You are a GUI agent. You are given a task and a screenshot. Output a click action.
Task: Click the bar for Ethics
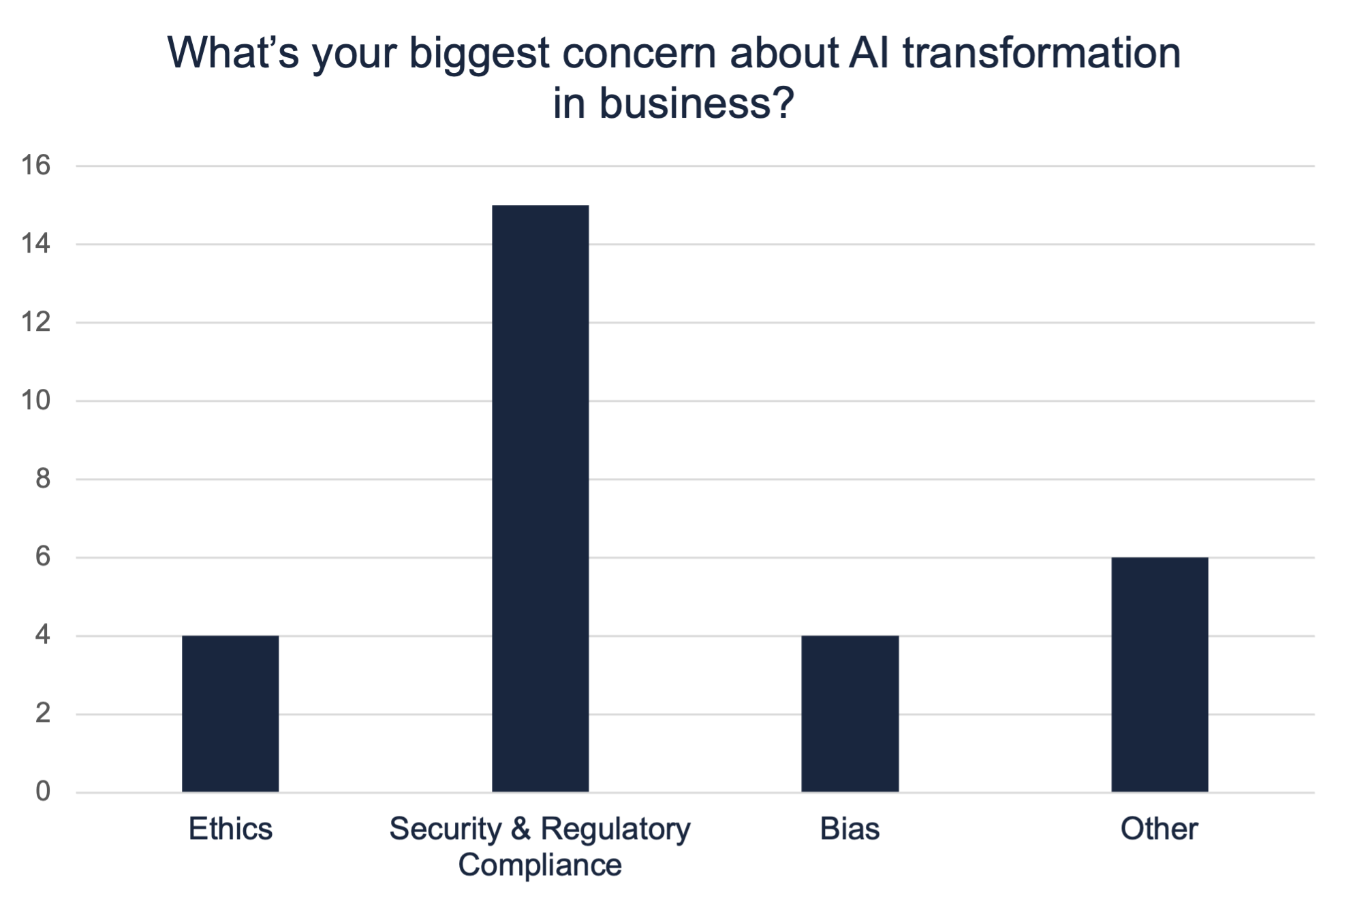coord(230,714)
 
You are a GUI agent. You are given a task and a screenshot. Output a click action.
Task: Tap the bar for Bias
coord(850,714)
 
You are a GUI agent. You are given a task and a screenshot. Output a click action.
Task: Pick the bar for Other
coord(1159,674)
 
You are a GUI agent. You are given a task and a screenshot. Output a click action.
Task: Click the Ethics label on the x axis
coord(230,829)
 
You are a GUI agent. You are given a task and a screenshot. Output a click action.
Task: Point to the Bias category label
coord(850,829)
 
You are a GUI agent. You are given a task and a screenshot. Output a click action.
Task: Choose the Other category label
coord(1159,829)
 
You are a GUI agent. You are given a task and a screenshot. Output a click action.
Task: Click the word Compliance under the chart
coord(540,865)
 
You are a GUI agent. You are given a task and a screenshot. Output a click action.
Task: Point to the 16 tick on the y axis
coord(36,165)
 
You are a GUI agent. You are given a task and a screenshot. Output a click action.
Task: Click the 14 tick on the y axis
coord(36,244)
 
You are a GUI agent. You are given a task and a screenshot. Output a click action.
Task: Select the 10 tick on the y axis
coord(36,400)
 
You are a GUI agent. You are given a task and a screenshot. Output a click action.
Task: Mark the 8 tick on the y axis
coord(43,479)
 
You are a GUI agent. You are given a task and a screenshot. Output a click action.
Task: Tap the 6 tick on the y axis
coord(43,557)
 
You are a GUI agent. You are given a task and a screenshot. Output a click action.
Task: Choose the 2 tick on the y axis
coord(43,714)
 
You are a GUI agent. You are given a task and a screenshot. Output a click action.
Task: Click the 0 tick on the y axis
coord(43,791)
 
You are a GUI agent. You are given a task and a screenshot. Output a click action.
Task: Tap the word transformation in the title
coord(1042,53)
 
